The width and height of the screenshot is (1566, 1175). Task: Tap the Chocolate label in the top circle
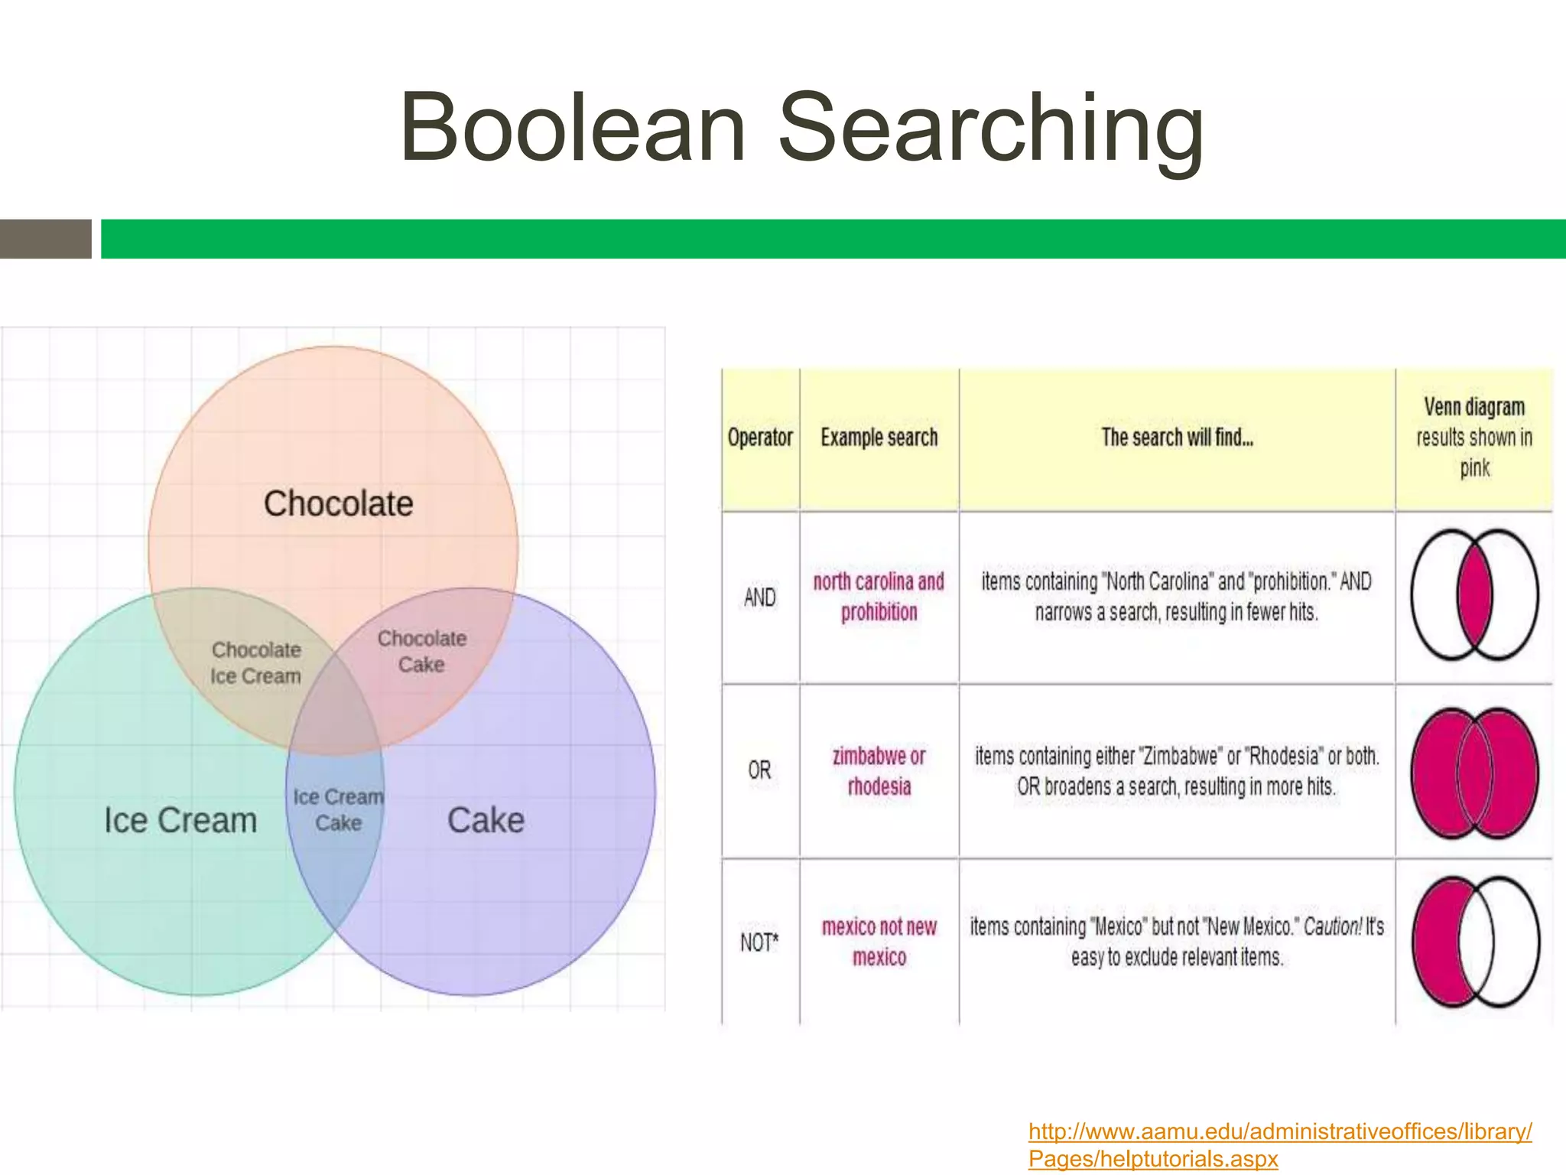338,503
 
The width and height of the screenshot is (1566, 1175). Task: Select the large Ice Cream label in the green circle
180,820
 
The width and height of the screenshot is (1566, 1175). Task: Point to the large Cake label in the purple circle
486,820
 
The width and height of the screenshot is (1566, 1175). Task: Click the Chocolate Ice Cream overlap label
255,662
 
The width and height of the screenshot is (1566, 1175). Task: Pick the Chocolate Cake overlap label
421,651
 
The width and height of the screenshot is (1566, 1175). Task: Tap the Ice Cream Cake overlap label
338,809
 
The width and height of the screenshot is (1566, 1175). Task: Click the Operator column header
760,438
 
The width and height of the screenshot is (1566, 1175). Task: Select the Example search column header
879,438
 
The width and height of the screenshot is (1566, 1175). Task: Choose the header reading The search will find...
1177,438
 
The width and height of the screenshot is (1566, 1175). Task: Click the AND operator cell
759,597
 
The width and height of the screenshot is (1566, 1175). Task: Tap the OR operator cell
759,770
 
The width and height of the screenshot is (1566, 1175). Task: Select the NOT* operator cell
759,942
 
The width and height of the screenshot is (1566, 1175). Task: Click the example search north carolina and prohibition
879,597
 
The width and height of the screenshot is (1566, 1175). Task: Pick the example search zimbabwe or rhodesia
879,771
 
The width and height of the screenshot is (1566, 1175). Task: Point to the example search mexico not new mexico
879,942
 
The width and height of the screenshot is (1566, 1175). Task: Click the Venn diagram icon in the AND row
1474,594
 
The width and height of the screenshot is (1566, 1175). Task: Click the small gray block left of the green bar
45,239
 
